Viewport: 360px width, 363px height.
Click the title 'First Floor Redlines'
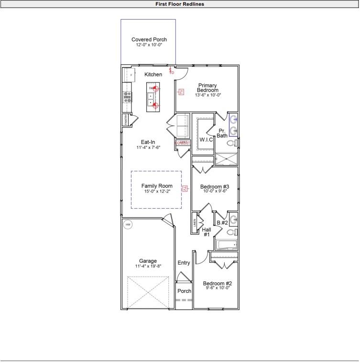tap(180, 4)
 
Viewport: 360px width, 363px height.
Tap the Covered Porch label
tap(149, 40)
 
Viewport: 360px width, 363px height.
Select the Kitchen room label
tap(153, 75)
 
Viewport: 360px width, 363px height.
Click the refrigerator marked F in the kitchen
tap(128, 75)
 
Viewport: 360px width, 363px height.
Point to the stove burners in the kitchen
tap(128, 97)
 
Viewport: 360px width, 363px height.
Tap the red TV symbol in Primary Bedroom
tap(181, 92)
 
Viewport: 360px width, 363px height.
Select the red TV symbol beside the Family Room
tap(183, 189)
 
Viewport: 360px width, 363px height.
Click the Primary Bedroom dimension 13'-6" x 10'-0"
tap(208, 95)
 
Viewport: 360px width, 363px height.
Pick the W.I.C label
tap(206, 139)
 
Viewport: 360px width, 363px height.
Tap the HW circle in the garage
tap(128, 224)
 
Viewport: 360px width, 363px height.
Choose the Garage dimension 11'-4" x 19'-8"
tap(148, 266)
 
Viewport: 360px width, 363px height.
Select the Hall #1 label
tap(207, 232)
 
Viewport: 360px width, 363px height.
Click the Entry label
tap(184, 263)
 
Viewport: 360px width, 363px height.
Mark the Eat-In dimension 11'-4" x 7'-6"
tap(148, 148)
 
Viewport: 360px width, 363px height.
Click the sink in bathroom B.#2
tap(233, 220)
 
